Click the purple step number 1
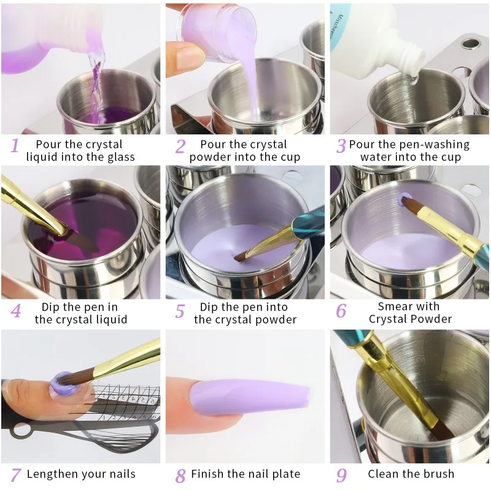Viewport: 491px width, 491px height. (15, 145)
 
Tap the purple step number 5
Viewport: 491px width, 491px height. (179, 312)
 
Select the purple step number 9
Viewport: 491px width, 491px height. (341, 474)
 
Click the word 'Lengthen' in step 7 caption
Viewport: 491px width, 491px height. (53, 474)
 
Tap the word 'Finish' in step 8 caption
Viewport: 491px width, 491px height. (207, 474)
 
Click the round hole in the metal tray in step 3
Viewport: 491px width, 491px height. (470, 45)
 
